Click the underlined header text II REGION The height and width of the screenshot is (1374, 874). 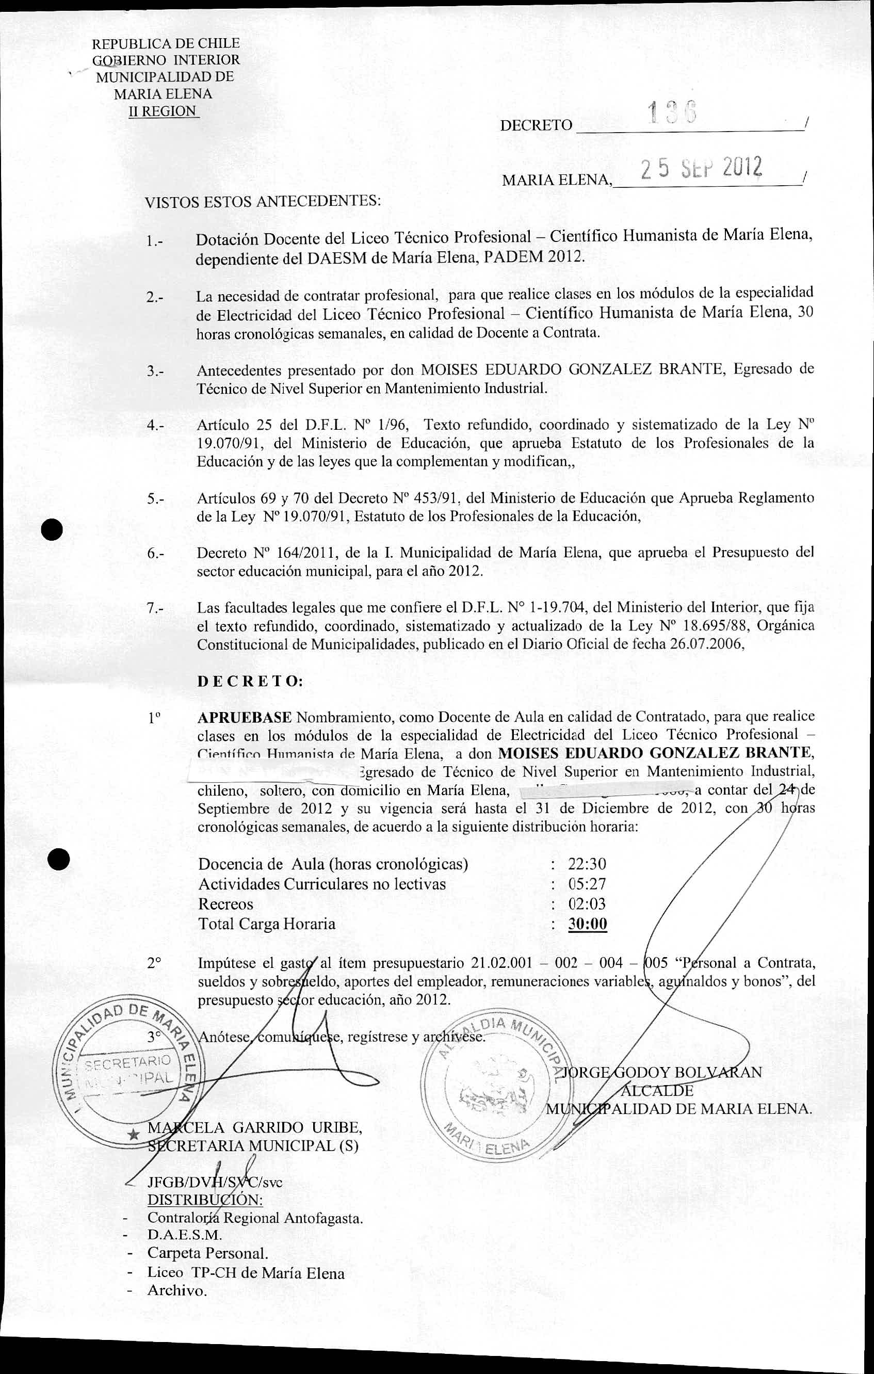pyautogui.click(x=163, y=111)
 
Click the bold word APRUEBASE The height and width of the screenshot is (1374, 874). pyautogui.click(x=245, y=717)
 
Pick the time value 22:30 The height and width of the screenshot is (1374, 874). pyautogui.click(x=587, y=864)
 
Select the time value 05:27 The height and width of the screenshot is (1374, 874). pyautogui.click(x=587, y=884)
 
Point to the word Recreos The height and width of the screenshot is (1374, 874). pyautogui.click(x=225, y=904)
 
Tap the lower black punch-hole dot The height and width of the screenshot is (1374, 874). pyautogui.click(x=58, y=858)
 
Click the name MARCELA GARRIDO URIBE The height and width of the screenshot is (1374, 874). pyautogui.click(x=254, y=1127)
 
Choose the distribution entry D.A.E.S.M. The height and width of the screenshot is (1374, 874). pyautogui.click(x=184, y=1235)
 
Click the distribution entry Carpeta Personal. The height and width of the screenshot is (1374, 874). pyautogui.click(x=207, y=1254)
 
